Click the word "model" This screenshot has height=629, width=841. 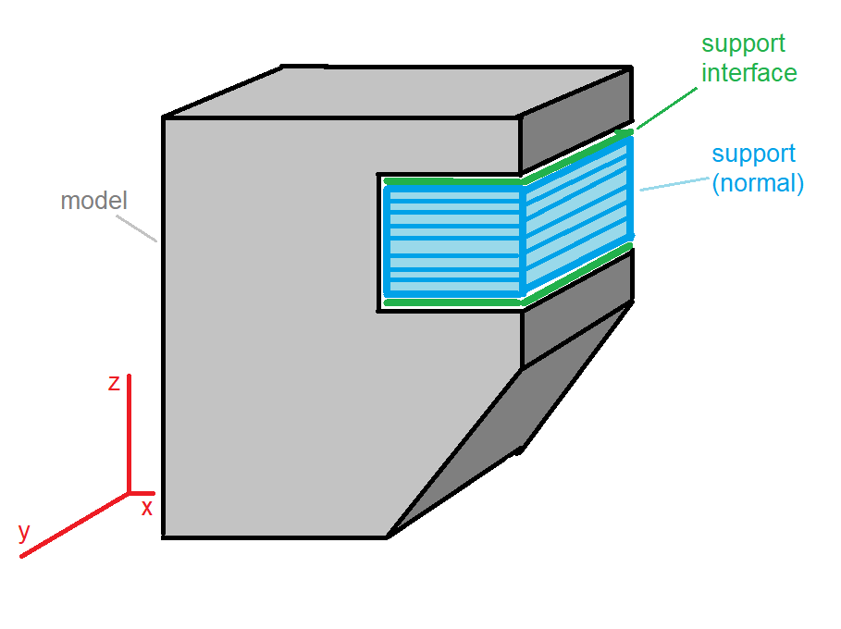click(x=93, y=201)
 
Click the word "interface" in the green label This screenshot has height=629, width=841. click(x=749, y=73)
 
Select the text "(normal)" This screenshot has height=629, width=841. click(x=758, y=183)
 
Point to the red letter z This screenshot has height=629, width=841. click(x=114, y=383)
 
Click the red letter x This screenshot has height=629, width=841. click(x=147, y=507)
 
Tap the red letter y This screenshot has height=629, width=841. click(x=24, y=533)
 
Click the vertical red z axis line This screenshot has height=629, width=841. click(x=129, y=433)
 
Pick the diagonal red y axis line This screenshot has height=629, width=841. click(x=75, y=525)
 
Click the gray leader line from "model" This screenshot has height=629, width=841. click(x=137, y=228)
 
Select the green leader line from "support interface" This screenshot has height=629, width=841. click(x=667, y=108)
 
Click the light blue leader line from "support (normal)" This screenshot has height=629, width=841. click(x=674, y=184)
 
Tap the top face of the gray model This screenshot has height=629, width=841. click(x=397, y=92)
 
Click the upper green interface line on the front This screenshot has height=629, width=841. click(x=453, y=182)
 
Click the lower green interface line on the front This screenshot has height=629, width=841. click(x=453, y=303)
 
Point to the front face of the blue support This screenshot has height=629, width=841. click(x=453, y=241)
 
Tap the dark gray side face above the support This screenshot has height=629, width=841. click(x=576, y=119)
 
